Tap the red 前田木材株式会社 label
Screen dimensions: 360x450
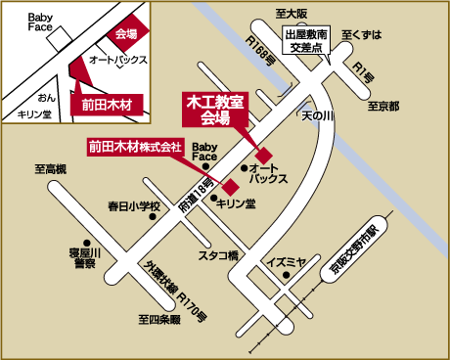click(x=135, y=148)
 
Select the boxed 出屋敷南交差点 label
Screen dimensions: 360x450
click(x=307, y=38)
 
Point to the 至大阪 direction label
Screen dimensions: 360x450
click(x=291, y=13)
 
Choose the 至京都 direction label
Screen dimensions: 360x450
click(x=382, y=106)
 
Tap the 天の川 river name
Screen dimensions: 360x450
click(x=318, y=115)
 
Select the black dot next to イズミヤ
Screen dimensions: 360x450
click(x=265, y=262)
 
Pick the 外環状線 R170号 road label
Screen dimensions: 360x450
click(x=176, y=289)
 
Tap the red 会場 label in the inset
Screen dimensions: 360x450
click(x=126, y=34)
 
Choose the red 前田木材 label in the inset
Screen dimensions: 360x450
click(x=107, y=102)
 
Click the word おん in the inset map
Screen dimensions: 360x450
click(x=46, y=99)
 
